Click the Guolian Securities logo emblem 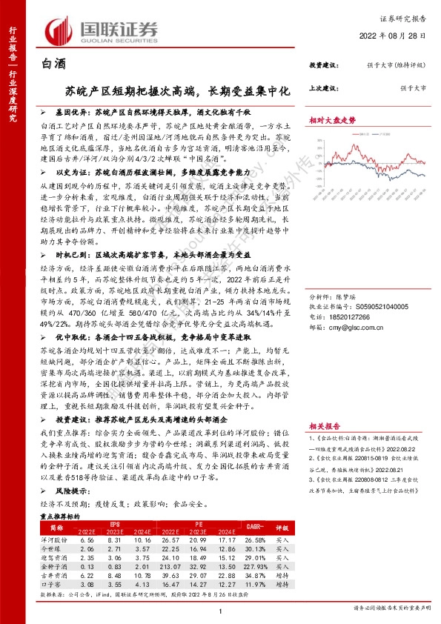[59, 30]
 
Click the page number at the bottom [221, 611]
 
